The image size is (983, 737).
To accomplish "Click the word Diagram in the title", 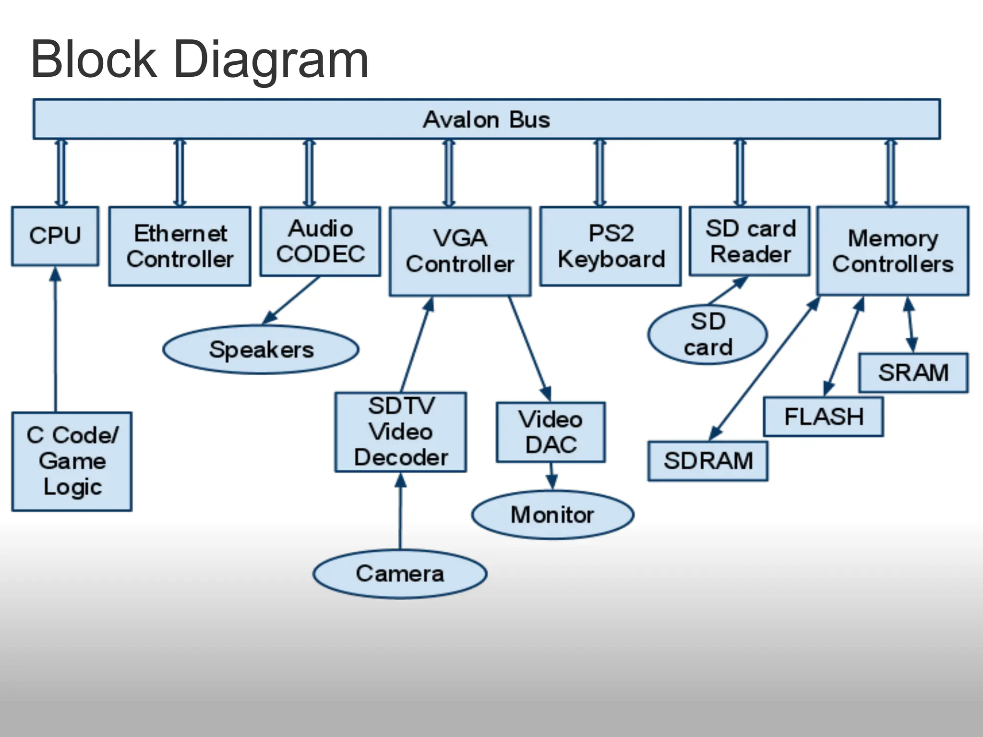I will (271, 60).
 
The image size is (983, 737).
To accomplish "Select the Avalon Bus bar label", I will (486, 119).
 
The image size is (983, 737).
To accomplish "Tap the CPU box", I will (55, 236).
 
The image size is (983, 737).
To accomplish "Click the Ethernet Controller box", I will (180, 246).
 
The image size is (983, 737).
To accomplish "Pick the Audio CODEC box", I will (320, 241).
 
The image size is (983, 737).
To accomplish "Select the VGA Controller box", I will (460, 251).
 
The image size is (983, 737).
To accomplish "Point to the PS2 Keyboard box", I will (611, 246).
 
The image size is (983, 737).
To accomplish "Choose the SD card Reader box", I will (750, 241).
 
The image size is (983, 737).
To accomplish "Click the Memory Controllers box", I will (893, 250).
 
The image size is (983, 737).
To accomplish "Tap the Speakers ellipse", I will (261, 349).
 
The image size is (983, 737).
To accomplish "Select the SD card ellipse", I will (707, 334).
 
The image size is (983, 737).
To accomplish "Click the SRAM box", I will (913, 373).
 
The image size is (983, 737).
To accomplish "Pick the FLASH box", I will (823, 416).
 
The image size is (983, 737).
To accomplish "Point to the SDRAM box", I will (707, 461).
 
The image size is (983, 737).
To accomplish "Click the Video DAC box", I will (551, 432).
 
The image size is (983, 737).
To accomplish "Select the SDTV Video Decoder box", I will (401, 432).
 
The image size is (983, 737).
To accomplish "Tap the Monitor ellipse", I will (552, 514).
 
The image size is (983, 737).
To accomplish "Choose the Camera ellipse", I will (400, 573).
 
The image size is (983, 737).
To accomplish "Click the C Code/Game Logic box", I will (72, 461).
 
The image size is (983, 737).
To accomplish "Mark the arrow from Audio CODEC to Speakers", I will (291, 300).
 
